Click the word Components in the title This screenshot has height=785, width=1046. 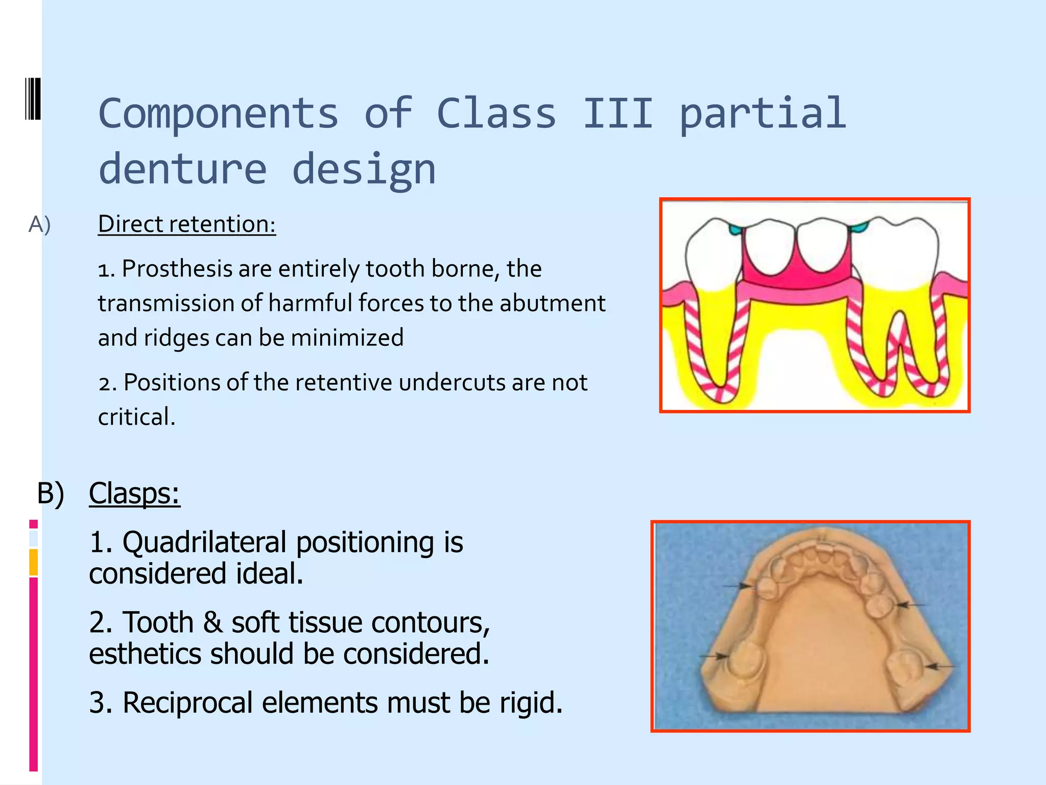(218, 113)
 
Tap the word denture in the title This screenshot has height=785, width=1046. (182, 169)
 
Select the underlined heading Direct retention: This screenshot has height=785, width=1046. (186, 224)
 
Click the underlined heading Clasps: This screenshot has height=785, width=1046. (134, 493)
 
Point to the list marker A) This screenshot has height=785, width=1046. (39, 224)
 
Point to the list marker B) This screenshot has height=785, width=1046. (51, 494)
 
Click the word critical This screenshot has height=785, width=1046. (136, 417)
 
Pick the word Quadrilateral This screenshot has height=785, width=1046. (204, 542)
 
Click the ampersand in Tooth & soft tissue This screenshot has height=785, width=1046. (212, 622)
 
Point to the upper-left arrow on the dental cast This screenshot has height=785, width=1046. (739, 586)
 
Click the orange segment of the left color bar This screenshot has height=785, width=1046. (33, 562)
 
